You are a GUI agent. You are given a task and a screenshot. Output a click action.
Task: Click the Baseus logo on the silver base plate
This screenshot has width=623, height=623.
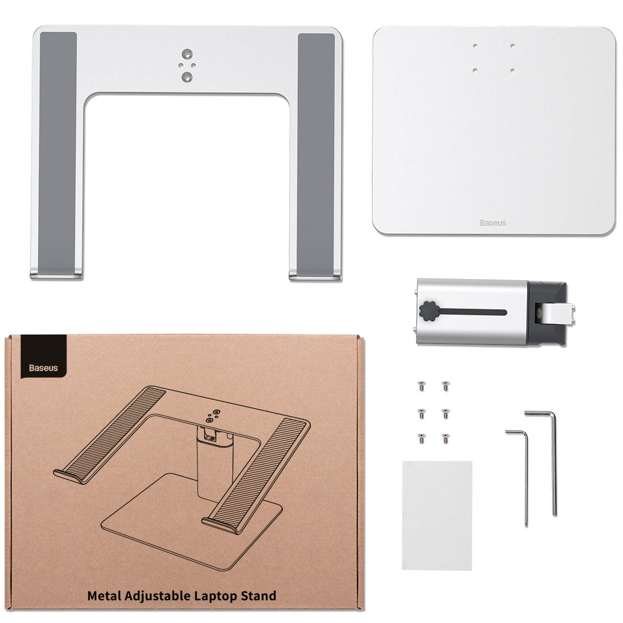(493, 223)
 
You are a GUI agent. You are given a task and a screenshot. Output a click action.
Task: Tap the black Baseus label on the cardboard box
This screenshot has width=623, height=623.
(44, 356)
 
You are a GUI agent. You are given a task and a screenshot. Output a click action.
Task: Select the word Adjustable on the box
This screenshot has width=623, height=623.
(158, 596)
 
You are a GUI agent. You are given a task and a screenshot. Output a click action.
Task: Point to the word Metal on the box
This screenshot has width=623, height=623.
(104, 596)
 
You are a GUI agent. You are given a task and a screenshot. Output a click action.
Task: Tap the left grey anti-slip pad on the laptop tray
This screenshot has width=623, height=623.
(58, 153)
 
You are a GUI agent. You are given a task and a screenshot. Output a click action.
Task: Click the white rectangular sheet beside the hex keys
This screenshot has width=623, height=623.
(437, 515)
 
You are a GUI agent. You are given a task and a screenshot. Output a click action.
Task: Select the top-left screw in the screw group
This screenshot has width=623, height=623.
(422, 386)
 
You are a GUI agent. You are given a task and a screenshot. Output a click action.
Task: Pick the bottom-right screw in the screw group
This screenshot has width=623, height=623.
(445, 438)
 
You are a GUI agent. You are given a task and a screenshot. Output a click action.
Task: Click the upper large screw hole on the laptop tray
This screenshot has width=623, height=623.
(187, 54)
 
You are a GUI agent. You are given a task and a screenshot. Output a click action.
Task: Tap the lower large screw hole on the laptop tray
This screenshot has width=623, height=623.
(187, 77)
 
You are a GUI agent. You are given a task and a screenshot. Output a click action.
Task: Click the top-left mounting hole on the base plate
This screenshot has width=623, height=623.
(475, 46)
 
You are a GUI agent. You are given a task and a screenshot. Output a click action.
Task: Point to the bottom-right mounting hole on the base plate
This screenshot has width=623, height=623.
(513, 70)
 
